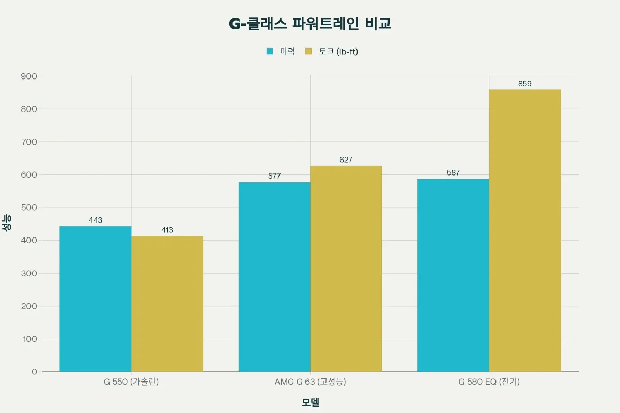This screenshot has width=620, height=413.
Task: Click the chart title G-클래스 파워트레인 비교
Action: (x=310, y=24)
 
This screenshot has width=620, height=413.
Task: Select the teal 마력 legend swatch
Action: (x=270, y=51)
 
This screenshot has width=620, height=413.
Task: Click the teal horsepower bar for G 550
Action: (x=96, y=299)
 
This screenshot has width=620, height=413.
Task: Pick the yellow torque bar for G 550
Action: (x=167, y=304)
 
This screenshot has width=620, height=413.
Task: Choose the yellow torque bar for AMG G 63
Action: (x=346, y=268)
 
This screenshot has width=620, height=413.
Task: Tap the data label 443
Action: (x=96, y=220)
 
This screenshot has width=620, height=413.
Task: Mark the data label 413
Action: (x=167, y=230)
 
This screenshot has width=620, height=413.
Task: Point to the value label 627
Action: (x=346, y=160)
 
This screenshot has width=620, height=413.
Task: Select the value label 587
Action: (x=453, y=173)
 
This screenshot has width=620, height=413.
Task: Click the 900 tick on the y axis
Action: (x=29, y=76)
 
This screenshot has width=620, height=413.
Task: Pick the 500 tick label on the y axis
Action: (x=29, y=208)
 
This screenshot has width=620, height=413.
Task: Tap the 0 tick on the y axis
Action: (x=34, y=372)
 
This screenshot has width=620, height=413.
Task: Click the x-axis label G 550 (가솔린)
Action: (x=131, y=383)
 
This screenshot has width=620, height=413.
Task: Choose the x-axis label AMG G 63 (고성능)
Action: (x=310, y=383)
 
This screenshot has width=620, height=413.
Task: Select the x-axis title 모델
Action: (x=310, y=403)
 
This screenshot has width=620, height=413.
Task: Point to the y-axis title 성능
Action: (x=8, y=224)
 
